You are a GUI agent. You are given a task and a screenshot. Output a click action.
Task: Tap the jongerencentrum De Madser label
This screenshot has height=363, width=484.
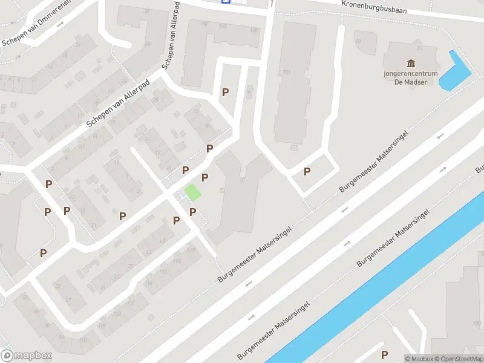[411, 78]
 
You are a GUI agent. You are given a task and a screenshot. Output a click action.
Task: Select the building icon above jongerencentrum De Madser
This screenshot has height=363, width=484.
[411, 64]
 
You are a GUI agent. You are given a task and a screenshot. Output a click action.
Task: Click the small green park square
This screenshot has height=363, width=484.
[192, 193]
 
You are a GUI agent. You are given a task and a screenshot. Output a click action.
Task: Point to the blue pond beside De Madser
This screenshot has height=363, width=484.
[456, 73]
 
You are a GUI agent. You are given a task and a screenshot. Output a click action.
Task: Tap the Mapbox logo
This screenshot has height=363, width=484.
[26, 356]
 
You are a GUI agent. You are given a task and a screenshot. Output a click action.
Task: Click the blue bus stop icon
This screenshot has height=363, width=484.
[226, 1]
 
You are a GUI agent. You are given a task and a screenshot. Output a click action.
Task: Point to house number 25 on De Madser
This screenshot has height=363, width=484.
[419, 48]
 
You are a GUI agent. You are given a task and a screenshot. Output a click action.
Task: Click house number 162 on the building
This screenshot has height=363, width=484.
[222, 26]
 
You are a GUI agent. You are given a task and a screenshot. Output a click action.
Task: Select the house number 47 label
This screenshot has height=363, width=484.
[162, 241]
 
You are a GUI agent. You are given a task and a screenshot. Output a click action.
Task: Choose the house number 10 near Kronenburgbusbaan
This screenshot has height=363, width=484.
[358, 41]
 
